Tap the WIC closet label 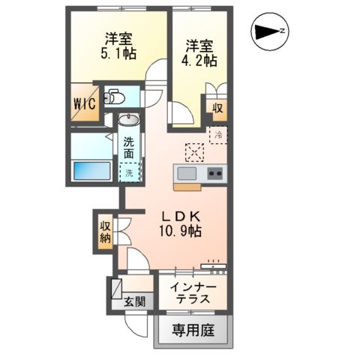[84, 105]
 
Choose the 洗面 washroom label [130, 148]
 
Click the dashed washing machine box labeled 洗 [129, 172]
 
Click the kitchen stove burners [214, 173]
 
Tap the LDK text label [181, 213]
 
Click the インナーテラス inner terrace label [194, 292]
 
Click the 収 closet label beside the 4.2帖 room [217, 108]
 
